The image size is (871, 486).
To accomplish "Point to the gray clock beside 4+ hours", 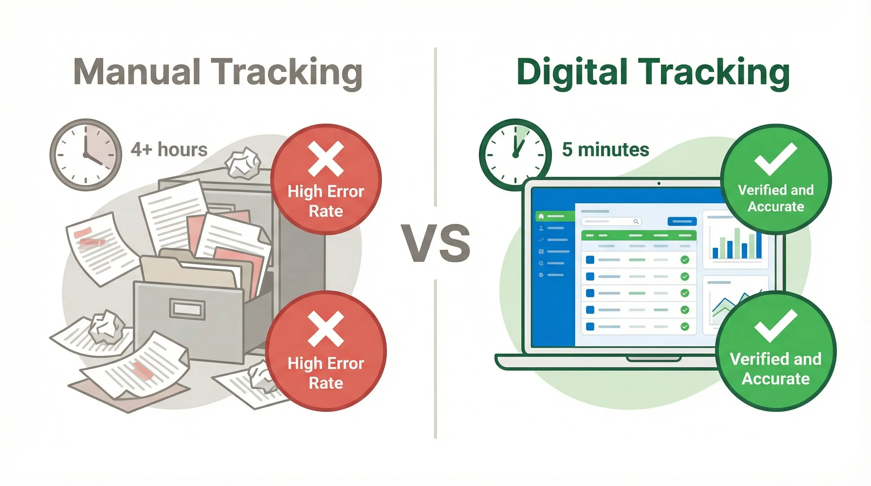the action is (x=85, y=154).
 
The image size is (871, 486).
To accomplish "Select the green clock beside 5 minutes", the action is (x=515, y=154).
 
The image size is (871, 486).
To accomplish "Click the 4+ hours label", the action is (x=169, y=150).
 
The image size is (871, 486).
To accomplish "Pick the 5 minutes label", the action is (x=605, y=150).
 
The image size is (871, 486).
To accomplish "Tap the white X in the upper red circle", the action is (x=326, y=159).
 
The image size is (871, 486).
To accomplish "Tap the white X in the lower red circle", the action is (x=326, y=329).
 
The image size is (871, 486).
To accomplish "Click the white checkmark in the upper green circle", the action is (x=776, y=159).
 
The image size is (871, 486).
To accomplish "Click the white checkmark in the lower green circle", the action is (x=776, y=325).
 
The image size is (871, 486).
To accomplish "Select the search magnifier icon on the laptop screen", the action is (x=636, y=221).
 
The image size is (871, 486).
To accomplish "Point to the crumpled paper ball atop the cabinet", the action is (x=243, y=163).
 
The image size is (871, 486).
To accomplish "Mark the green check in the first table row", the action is (x=685, y=259).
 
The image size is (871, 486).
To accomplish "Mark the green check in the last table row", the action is (x=685, y=327).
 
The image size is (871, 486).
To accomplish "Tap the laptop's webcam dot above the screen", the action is (x=659, y=184).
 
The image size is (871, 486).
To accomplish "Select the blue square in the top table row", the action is (x=590, y=259).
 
